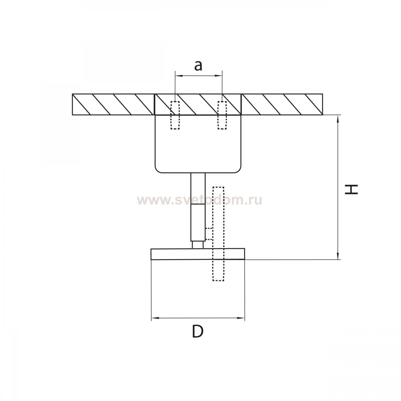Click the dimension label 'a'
pos(198,66)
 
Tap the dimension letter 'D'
pos(198,332)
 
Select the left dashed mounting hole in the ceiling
pos(175,115)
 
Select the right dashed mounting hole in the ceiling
pos(222,115)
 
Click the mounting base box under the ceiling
pos(198,144)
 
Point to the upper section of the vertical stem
pos(198,189)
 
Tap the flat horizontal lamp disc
pos(198,254)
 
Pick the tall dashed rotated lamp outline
pos(218,234)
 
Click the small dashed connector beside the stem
pos(209,234)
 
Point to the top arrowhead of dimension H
pos(338,119)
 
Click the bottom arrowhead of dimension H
pos(338,256)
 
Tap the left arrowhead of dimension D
pos(155,318)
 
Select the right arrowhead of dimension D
pos(241,318)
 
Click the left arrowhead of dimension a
pos(179,76)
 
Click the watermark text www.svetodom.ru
pos(199,200)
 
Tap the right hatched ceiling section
pos(282,105)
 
